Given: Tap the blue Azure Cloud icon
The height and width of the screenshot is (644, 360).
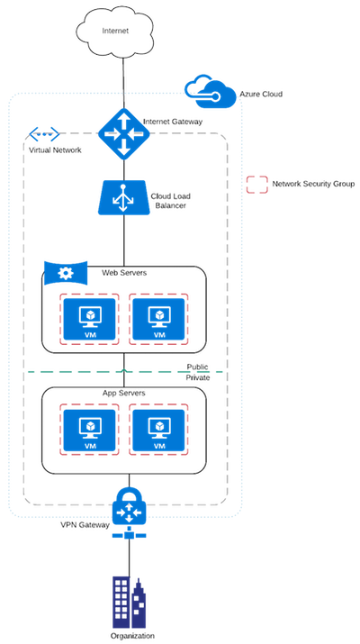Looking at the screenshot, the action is pyautogui.click(x=210, y=92).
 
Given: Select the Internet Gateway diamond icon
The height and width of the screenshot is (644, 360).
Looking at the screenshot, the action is pyautogui.click(x=123, y=134).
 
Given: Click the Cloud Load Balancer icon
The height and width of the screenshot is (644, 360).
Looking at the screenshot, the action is pyautogui.click(x=122, y=197).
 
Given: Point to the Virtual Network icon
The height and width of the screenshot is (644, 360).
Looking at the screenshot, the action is pyautogui.click(x=44, y=134).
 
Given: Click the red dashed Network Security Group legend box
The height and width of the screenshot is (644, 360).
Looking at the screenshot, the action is pyautogui.click(x=257, y=185).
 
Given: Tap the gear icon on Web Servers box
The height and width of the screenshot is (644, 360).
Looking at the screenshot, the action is pyautogui.click(x=66, y=272).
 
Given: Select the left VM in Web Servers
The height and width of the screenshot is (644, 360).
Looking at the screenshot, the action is pyautogui.click(x=89, y=319).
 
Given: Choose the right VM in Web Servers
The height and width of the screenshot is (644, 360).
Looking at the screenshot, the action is pyautogui.click(x=158, y=319).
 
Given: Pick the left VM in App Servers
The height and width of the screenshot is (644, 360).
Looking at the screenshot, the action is pyautogui.click(x=89, y=430).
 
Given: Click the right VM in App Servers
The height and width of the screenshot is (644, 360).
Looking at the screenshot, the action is pyautogui.click(x=158, y=430).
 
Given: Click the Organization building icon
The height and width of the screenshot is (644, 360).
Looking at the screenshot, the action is pyautogui.click(x=129, y=602).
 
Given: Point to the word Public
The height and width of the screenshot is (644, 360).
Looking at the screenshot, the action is pyautogui.click(x=197, y=367).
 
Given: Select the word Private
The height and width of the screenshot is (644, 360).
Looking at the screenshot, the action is pyautogui.click(x=198, y=377).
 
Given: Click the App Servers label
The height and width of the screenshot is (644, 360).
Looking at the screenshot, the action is pyautogui.click(x=123, y=393).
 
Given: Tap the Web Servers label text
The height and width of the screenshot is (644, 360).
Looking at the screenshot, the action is pyautogui.click(x=124, y=272).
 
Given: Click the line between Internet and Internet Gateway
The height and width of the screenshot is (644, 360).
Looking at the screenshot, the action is pyautogui.click(x=122, y=84).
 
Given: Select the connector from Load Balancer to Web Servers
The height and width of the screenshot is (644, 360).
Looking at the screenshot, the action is pyautogui.click(x=123, y=240).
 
